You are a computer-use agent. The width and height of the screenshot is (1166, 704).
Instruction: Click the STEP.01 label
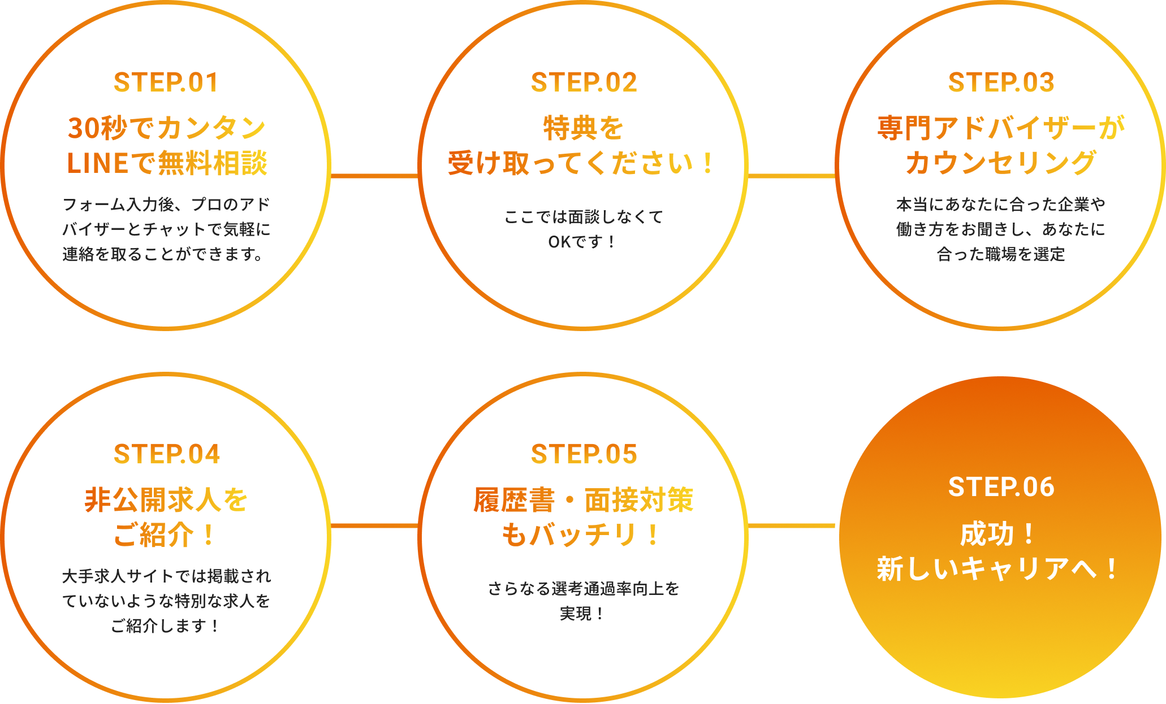click(166, 82)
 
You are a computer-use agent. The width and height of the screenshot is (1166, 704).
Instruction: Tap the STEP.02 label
click(584, 82)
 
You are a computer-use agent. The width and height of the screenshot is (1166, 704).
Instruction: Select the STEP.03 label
click(1001, 82)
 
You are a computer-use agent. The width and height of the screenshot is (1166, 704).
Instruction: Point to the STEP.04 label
click(166, 454)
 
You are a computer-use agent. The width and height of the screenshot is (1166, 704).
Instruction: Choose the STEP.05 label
click(584, 454)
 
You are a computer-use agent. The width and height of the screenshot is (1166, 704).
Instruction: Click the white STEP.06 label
click(1001, 487)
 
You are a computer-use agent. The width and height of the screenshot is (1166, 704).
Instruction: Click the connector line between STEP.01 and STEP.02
click(374, 176)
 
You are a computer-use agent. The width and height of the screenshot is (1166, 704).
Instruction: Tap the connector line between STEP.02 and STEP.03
click(791, 176)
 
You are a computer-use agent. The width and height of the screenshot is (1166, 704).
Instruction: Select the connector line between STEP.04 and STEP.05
click(374, 526)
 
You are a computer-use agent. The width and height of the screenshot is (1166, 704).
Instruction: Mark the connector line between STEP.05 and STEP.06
click(791, 526)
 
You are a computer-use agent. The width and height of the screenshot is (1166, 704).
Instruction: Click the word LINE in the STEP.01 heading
click(97, 163)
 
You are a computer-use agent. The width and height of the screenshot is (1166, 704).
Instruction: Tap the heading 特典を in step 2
click(584, 128)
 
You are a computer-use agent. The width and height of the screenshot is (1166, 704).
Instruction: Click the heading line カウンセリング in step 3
click(1001, 163)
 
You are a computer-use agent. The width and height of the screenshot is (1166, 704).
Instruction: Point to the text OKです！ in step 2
click(582, 242)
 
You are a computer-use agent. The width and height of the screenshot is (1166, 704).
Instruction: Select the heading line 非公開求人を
click(166, 500)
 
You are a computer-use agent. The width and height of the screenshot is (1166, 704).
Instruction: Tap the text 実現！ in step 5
click(582, 614)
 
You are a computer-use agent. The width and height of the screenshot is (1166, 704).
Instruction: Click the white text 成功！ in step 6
click(998, 534)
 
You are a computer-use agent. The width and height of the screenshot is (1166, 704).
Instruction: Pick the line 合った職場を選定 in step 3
click(1001, 254)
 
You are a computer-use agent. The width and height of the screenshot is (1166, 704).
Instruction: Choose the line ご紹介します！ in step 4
click(165, 626)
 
